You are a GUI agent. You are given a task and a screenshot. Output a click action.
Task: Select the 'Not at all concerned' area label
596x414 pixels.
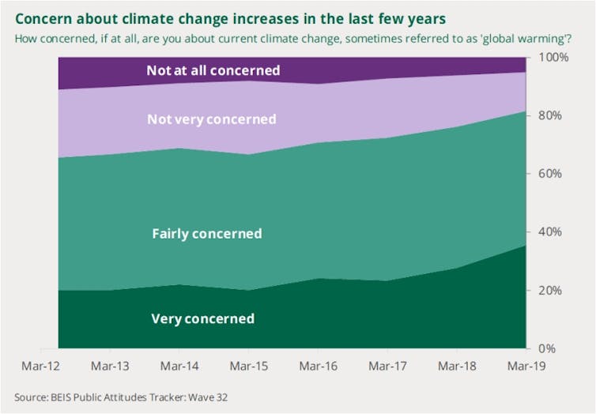coord(213,70)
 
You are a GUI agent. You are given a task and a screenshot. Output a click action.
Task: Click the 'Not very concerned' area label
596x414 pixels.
coord(212,119)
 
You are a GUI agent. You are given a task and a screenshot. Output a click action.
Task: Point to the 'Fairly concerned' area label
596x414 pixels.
coord(206,234)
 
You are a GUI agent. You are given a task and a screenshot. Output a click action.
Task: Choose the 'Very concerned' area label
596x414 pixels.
coord(202,319)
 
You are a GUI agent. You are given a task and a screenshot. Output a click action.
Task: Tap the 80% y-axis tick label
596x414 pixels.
coord(553,115)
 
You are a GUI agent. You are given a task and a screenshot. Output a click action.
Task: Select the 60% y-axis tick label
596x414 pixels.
coord(553,174)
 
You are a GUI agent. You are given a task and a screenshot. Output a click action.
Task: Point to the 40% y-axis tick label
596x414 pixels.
coord(553,232)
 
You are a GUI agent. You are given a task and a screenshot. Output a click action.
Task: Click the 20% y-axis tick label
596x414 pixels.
coord(553,290)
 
